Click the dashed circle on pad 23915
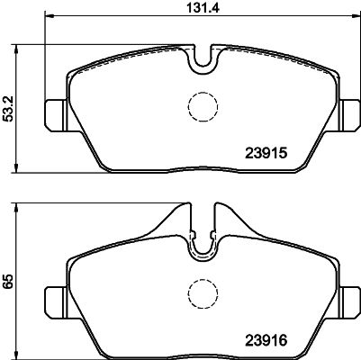click(202, 109)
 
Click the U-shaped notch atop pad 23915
click(203, 58)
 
